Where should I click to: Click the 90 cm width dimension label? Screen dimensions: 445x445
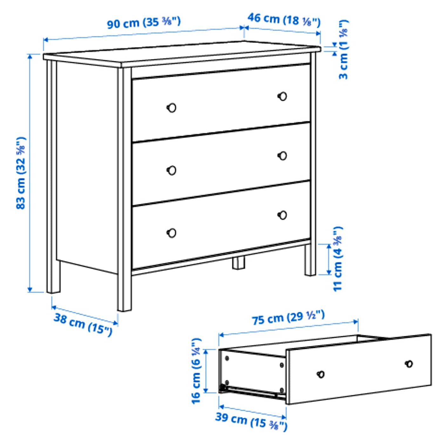pyautogui.click(x=144, y=23)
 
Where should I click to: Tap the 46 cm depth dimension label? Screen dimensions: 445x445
pyautogui.click(x=284, y=20)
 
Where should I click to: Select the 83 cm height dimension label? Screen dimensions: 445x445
pyautogui.click(x=21, y=173)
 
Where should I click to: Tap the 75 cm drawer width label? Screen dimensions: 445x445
pyautogui.click(x=288, y=318)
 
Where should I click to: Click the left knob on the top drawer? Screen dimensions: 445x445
pyautogui.click(x=172, y=108)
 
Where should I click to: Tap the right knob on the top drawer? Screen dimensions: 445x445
pyautogui.click(x=282, y=96)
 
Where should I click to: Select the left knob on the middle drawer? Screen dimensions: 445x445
pyautogui.click(x=172, y=171)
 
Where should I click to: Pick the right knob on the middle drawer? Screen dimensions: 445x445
pyautogui.click(x=282, y=155)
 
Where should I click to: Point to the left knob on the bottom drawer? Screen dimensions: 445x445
pyautogui.click(x=172, y=233)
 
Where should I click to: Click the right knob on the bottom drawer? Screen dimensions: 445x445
pyautogui.click(x=282, y=215)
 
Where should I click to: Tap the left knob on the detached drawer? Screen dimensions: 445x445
pyautogui.click(x=321, y=374)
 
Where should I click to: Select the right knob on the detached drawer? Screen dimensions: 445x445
pyautogui.click(x=409, y=364)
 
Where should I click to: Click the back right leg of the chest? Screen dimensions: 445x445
pyautogui.click(x=310, y=259)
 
